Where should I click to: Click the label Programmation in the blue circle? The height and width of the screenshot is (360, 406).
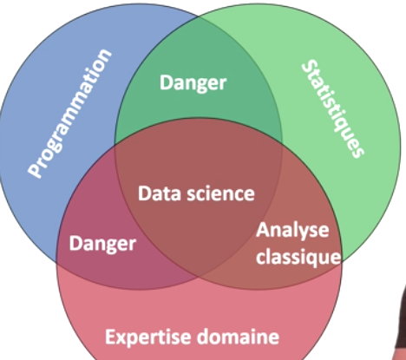pos(69,114)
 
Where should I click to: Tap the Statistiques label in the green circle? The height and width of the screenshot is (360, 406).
pos(332,108)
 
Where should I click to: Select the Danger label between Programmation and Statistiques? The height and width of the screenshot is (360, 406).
pos(193,83)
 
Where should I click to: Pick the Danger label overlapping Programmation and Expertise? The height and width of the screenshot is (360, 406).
pos(102,244)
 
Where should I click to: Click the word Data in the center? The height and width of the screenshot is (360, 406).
pos(160,193)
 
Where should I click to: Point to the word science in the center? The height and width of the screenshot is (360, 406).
pos(221,193)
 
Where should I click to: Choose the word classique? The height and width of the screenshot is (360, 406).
pos(298,257)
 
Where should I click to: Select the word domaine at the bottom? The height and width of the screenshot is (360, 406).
pos(239,337)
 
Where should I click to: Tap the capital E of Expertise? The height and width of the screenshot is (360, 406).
pos(110,337)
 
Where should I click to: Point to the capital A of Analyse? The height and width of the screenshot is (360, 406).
pos(263,231)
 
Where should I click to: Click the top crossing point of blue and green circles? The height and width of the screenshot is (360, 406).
pos(199,17)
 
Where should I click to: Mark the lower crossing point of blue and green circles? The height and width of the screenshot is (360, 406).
pos(199,278)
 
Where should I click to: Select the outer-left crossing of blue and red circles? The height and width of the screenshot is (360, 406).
pos(57,262)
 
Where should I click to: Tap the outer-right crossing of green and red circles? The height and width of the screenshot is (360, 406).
pos(342,262)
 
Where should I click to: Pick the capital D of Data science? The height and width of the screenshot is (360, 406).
pos(144,193)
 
